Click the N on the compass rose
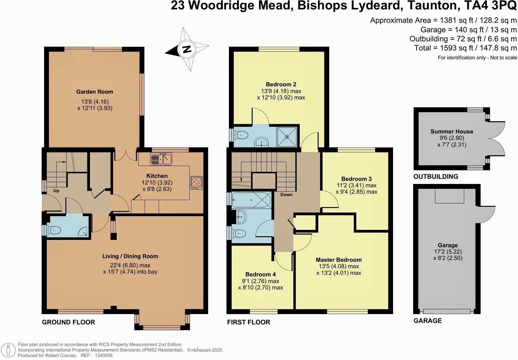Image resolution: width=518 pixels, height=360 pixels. click(187, 49)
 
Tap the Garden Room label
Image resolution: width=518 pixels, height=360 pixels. click(95, 92)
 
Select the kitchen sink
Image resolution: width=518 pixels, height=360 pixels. click(161, 159)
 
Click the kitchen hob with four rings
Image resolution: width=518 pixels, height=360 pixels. click(196, 183)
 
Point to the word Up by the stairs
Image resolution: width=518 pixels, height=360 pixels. click(56, 191)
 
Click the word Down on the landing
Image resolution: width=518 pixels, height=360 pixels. click(286, 195)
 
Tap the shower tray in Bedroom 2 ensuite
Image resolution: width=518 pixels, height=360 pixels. click(287, 137)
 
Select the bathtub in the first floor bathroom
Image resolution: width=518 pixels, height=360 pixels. click(251, 200)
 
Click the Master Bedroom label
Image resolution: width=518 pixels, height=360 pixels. click(339, 260)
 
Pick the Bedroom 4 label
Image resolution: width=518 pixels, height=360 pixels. click(261, 274)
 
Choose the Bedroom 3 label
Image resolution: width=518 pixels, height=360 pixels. click(357, 179)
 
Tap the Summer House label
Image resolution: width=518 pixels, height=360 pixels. click(452, 131)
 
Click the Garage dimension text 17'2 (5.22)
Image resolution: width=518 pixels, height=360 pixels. click(448, 252)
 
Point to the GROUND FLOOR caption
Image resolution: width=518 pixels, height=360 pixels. click(68, 322)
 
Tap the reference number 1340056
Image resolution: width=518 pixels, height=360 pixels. click(104, 356)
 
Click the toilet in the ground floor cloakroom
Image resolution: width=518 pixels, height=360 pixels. click(54, 230)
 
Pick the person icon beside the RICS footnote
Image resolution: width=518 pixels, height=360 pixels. click(8, 350)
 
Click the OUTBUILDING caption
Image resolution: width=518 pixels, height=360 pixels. click(436, 177)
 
